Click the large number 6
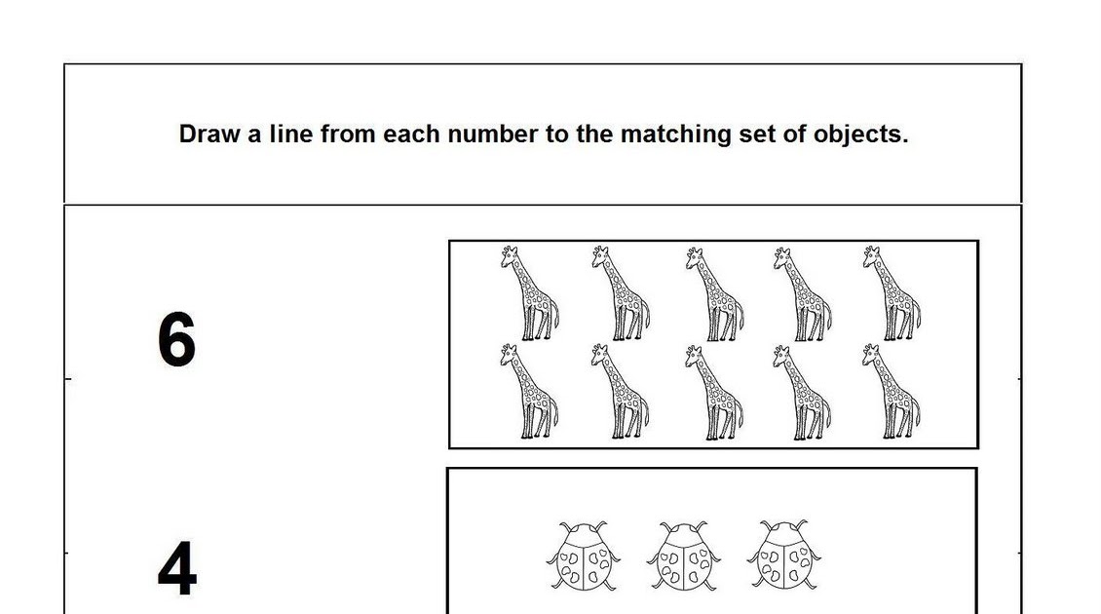(x=176, y=339)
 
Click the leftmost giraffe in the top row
(x=529, y=293)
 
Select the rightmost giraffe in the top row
(x=892, y=293)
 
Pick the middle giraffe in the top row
(x=713, y=293)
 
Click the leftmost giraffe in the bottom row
(x=529, y=391)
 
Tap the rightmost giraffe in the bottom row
(x=891, y=391)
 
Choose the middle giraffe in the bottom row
(x=712, y=392)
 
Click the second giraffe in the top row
(x=620, y=293)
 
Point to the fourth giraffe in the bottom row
(x=801, y=392)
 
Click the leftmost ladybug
(x=583, y=556)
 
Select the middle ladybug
(x=683, y=556)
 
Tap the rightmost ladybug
(x=784, y=555)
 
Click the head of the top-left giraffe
(x=509, y=255)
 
